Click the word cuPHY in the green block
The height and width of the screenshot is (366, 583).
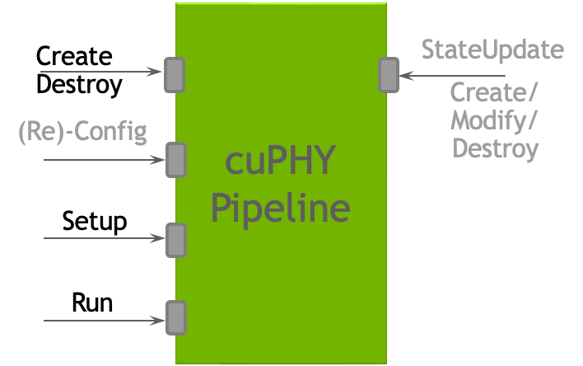280,162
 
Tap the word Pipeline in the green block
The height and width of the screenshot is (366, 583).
280,209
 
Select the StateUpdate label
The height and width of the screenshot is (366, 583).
492,49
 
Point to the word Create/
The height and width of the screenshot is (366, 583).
494,91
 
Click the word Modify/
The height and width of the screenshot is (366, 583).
494,120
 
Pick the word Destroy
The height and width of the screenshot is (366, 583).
496,149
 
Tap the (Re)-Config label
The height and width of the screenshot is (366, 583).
82,132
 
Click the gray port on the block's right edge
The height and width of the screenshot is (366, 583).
389,75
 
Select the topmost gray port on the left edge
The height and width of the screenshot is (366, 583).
175,74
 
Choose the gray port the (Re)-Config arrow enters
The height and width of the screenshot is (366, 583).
176,159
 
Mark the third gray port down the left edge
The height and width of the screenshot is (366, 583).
176,239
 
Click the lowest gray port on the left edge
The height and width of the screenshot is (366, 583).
176,318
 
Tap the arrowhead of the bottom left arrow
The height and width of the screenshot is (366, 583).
159,320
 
